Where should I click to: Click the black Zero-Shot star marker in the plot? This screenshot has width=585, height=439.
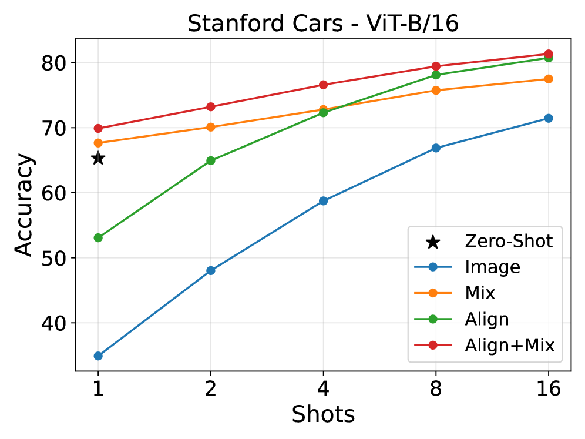(98, 158)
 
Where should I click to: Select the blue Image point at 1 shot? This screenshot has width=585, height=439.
(98, 356)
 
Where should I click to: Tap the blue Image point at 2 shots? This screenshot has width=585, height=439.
(211, 270)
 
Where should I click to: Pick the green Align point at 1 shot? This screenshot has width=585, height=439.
(98, 237)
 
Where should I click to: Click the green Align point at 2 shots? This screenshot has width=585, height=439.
(211, 160)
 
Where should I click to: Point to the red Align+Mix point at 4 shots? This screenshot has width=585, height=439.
(323, 85)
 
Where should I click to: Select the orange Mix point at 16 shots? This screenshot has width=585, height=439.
(549, 79)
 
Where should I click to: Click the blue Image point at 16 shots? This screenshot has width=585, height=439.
(549, 118)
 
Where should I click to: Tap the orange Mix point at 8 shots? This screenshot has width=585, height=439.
(436, 90)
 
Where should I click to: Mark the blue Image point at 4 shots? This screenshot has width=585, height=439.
(323, 200)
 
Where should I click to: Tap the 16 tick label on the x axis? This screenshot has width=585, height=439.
(549, 389)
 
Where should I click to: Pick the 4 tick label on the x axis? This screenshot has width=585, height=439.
(323, 389)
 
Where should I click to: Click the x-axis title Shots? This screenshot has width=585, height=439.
(323, 415)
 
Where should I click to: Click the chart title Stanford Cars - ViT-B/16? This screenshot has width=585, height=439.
(323, 24)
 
